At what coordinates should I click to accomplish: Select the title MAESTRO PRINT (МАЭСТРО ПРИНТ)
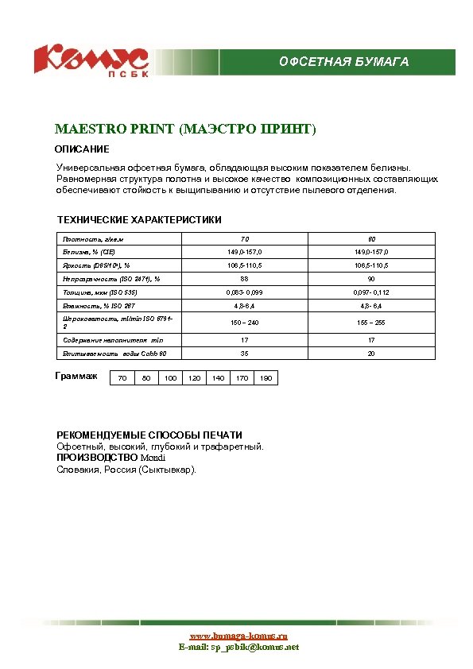click(185, 129)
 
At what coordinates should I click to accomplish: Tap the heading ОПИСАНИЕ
click(82, 149)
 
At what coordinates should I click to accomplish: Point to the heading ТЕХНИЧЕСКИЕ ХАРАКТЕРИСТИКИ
click(139, 219)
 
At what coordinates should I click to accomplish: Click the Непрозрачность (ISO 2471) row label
click(111, 279)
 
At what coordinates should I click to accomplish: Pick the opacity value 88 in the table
click(245, 279)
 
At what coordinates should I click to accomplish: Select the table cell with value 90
click(371, 279)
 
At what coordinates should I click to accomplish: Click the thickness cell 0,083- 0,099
click(245, 292)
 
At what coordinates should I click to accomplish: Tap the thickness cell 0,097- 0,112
click(371, 292)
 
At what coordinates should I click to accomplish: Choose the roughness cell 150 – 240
click(245, 323)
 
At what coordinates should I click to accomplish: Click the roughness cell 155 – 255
click(371, 323)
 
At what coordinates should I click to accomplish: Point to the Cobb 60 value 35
click(245, 353)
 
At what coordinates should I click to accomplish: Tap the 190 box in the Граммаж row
click(266, 378)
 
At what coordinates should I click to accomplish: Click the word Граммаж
click(76, 376)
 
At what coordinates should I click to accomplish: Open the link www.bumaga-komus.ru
click(238, 636)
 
